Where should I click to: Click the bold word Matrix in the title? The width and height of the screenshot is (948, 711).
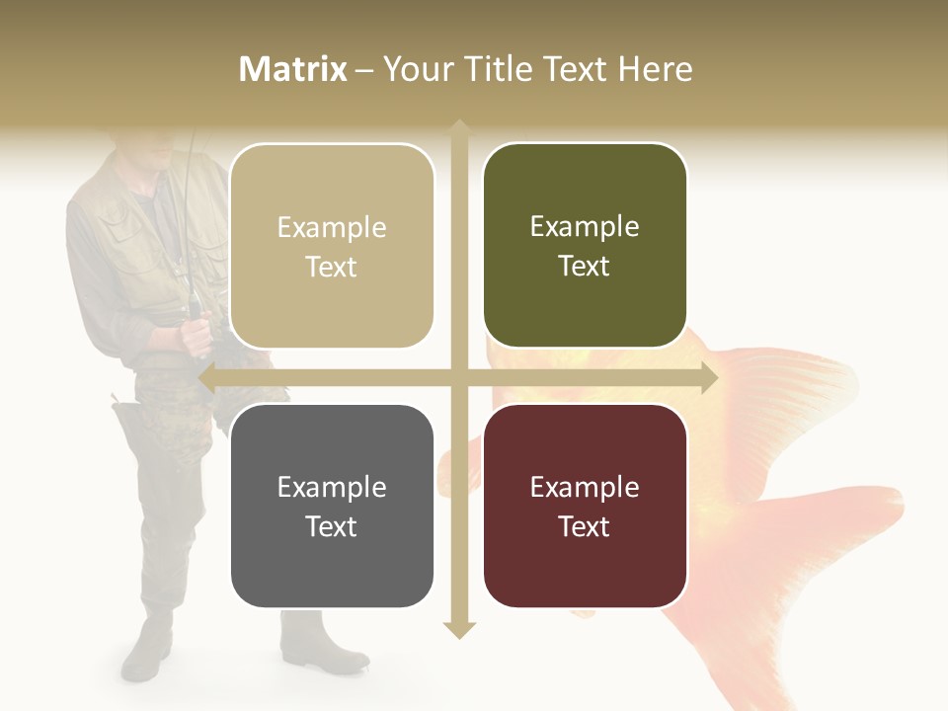[x=293, y=69]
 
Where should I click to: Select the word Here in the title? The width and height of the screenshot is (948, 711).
[x=655, y=69]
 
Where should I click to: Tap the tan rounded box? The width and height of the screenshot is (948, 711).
[x=332, y=247]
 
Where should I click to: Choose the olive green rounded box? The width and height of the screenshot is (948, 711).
[x=585, y=246]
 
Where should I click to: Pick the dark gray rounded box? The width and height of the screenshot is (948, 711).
[x=332, y=506]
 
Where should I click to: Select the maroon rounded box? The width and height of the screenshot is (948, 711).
[x=585, y=506]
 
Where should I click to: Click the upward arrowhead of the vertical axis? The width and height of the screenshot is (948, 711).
[x=459, y=128]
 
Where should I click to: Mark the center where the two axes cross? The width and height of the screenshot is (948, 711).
[x=459, y=377]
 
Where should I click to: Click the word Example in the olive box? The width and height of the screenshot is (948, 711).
[x=585, y=226]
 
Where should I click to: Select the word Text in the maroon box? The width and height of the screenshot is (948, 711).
[x=585, y=526]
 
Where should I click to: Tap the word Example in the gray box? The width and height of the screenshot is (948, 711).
[x=332, y=487]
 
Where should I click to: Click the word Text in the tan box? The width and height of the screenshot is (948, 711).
[x=332, y=267]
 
